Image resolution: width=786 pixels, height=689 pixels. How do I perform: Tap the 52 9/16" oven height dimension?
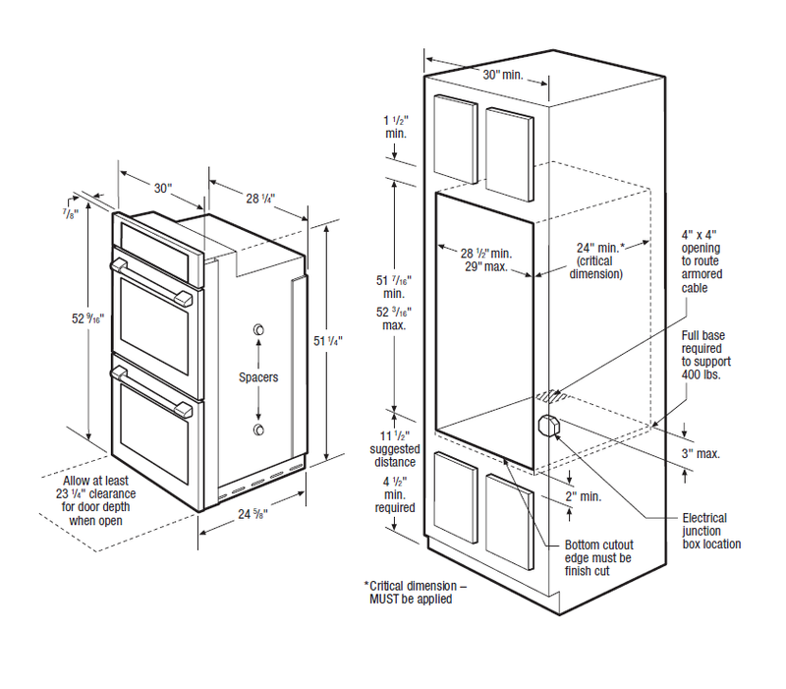pos(87,318)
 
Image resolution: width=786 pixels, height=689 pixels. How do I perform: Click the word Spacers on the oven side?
pos(258,376)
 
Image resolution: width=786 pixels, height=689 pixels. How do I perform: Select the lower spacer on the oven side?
pos(258,431)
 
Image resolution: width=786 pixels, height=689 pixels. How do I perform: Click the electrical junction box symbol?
pos(548,425)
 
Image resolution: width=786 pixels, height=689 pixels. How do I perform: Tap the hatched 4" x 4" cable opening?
pos(551,396)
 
